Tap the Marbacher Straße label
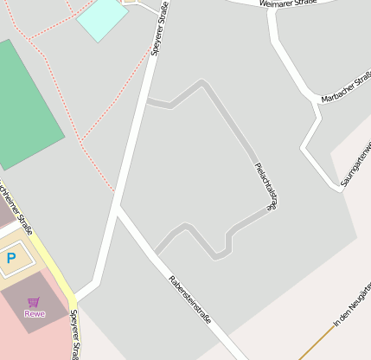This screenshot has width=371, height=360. click(345, 89)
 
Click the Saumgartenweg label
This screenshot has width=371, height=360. click(355, 164)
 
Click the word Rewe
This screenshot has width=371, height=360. click(35, 313)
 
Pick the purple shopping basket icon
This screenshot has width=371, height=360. click(34, 302)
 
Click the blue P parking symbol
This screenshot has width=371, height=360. click(11, 258)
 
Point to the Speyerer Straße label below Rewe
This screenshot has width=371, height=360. click(75, 334)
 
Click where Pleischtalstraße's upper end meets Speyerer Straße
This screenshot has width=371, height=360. click(146, 101)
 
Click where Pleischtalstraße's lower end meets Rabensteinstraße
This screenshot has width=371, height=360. click(157, 253)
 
